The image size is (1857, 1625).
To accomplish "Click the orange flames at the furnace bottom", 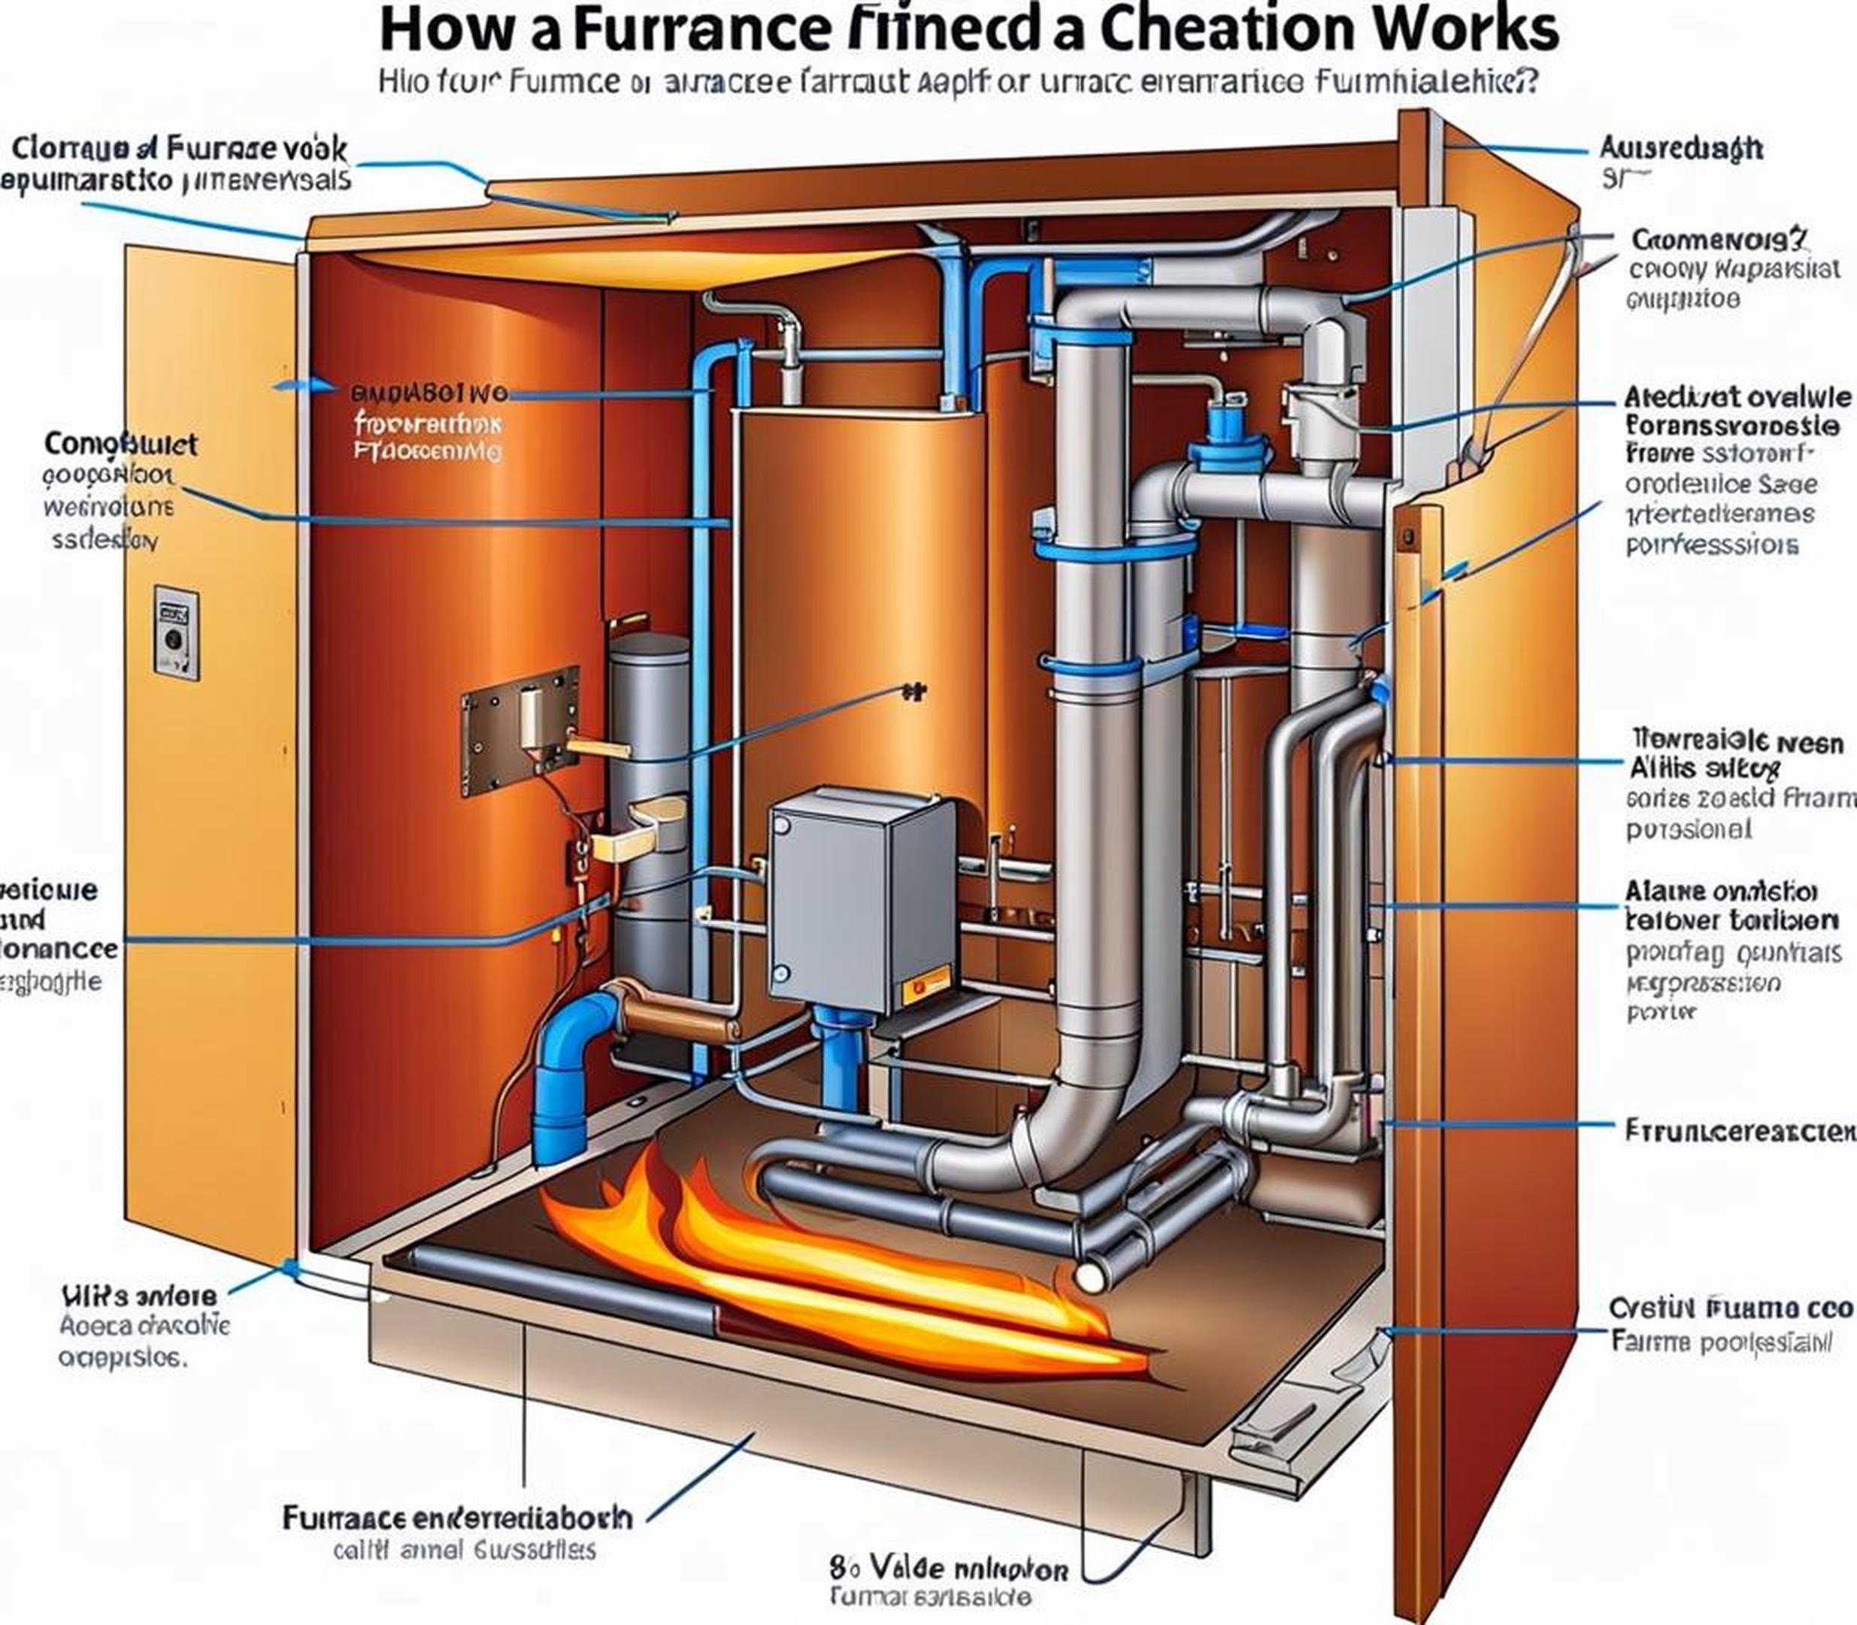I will pos(816,1269).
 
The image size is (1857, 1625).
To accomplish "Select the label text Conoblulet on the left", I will pos(120,444).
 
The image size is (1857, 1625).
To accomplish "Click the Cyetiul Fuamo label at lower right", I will pos(1730,1308).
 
